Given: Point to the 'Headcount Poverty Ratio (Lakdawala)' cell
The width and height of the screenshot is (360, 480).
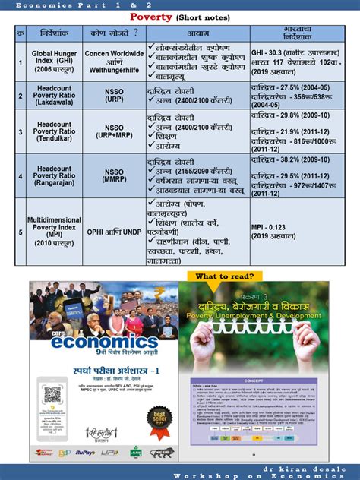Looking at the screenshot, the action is coord(52,93).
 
